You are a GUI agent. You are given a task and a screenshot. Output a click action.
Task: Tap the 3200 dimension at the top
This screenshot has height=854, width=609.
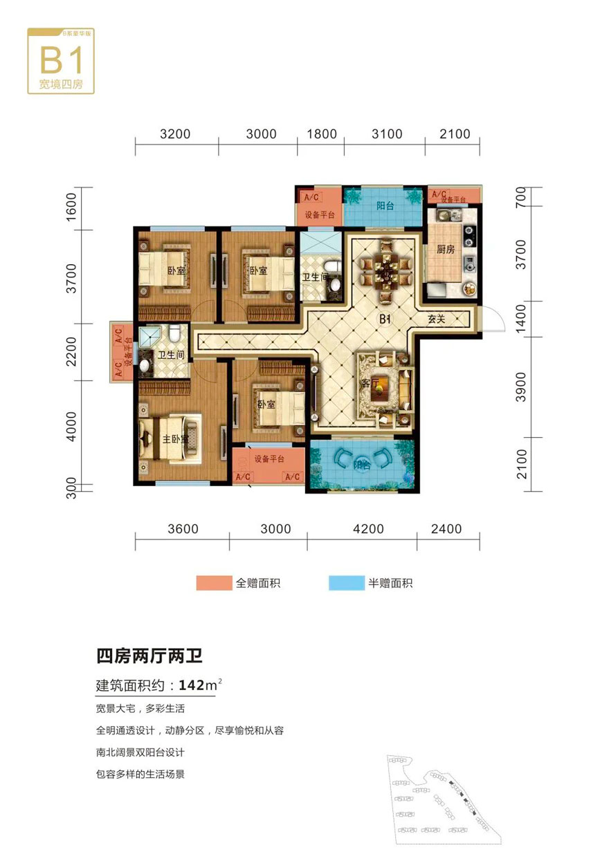click(x=174, y=134)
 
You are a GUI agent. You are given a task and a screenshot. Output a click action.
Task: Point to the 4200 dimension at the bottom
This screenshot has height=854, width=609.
click(x=367, y=530)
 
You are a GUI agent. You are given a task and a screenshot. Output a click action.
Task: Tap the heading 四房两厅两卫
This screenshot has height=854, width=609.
click(x=148, y=654)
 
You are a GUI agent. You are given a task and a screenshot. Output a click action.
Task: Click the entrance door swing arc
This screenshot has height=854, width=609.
click(x=492, y=321)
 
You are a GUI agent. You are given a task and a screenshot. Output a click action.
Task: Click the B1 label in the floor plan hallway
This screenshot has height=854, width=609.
click(x=385, y=319)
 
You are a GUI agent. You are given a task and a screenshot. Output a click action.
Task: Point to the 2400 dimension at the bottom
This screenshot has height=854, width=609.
click(x=450, y=530)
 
